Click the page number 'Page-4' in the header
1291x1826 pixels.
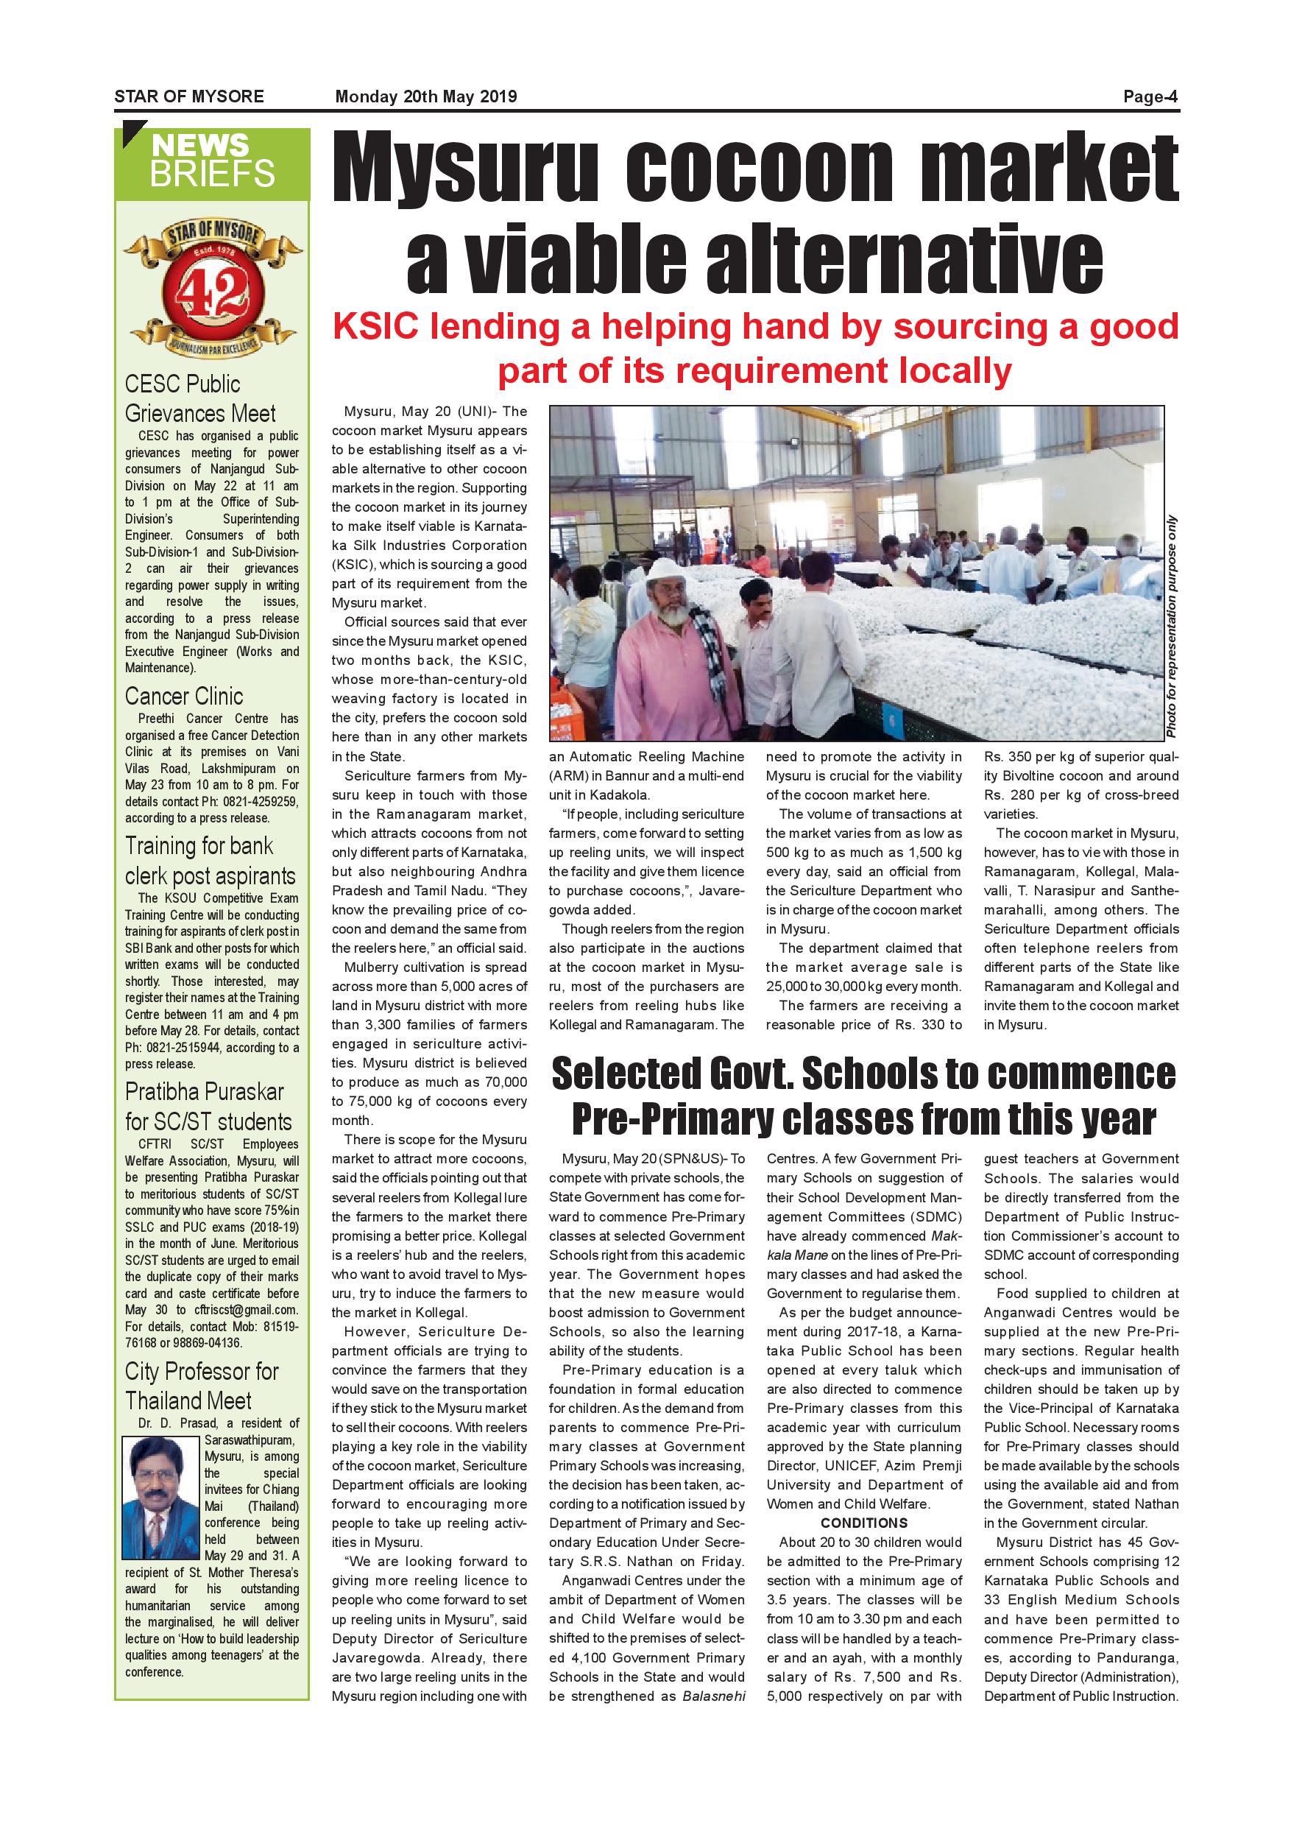pos(1150,97)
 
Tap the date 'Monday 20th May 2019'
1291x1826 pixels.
pos(426,97)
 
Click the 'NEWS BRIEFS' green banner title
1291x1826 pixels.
pos(212,161)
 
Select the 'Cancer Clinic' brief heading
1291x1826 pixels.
pos(183,697)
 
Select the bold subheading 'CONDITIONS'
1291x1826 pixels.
pos(863,1523)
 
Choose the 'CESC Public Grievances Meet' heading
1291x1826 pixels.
pos(199,398)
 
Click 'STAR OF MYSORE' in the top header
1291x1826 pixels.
pos(189,97)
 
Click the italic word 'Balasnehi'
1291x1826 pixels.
pos(714,1696)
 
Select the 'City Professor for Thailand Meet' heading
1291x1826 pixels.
pos(202,1386)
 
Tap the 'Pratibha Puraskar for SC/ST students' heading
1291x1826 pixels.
pos(208,1106)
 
